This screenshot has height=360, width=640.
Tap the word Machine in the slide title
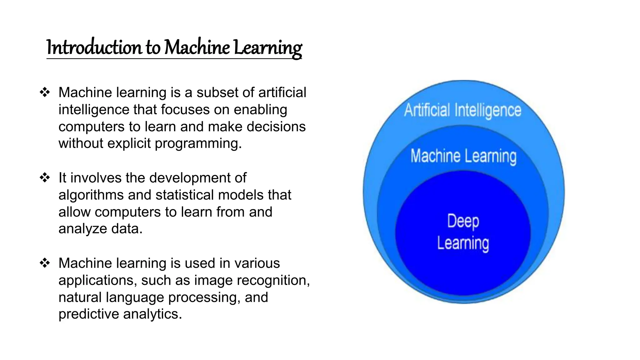(x=197, y=47)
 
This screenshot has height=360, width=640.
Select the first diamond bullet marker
(x=45, y=92)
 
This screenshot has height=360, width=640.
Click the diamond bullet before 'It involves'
(x=45, y=178)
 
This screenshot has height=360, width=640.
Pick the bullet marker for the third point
(x=45, y=263)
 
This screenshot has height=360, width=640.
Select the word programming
(x=198, y=144)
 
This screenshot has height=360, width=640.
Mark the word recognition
(x=273, y=280)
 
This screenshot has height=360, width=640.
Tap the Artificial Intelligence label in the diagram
(x=462, y=110)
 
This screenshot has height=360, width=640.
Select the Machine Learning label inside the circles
(x=463, y=156)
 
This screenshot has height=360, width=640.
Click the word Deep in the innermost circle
(x=463, y=221)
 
